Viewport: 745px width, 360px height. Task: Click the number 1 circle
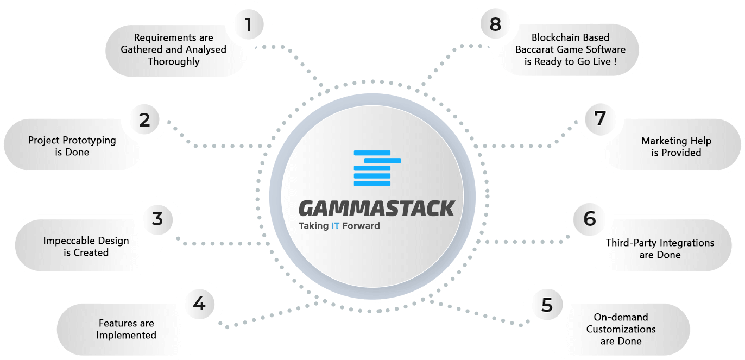248,25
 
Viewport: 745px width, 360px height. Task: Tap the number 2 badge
144,119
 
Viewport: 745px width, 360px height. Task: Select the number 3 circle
157,219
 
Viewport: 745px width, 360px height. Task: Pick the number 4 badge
199,304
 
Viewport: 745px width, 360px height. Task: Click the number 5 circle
546,305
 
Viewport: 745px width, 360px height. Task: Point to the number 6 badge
589,219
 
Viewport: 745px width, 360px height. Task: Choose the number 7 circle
600,119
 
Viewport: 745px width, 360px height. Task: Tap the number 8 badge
495,25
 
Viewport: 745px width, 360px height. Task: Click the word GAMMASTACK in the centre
376,209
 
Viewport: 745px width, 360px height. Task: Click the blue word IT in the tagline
335,226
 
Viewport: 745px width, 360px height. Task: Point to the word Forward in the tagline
361,226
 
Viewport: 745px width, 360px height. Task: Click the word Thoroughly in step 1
174,61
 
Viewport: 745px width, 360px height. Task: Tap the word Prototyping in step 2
87,140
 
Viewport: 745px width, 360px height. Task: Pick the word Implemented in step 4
127,335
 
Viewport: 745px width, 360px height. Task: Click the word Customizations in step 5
621,329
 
